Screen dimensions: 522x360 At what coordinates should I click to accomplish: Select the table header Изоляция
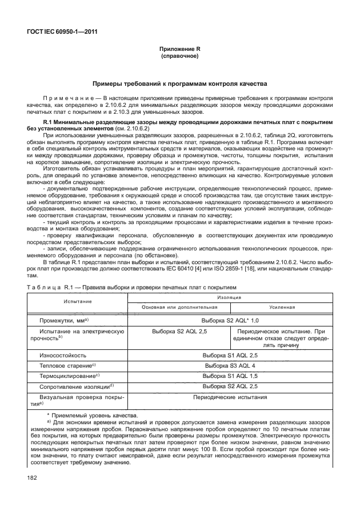coord(229,297)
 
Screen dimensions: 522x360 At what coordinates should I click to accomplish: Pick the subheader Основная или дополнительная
coord(180,306)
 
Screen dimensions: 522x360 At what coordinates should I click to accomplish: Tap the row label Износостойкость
coord(62,356)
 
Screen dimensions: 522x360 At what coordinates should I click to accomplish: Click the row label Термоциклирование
coord(68,376)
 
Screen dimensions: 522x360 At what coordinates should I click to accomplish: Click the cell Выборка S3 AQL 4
coord(230,365)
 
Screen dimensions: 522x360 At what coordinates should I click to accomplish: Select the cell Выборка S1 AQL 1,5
coord(230,376)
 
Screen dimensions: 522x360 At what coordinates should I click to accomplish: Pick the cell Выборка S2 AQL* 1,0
coord(230,321)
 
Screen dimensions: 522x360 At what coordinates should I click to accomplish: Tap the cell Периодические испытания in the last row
coord(230,396)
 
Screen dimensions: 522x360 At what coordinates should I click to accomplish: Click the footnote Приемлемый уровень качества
coord(95,415)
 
